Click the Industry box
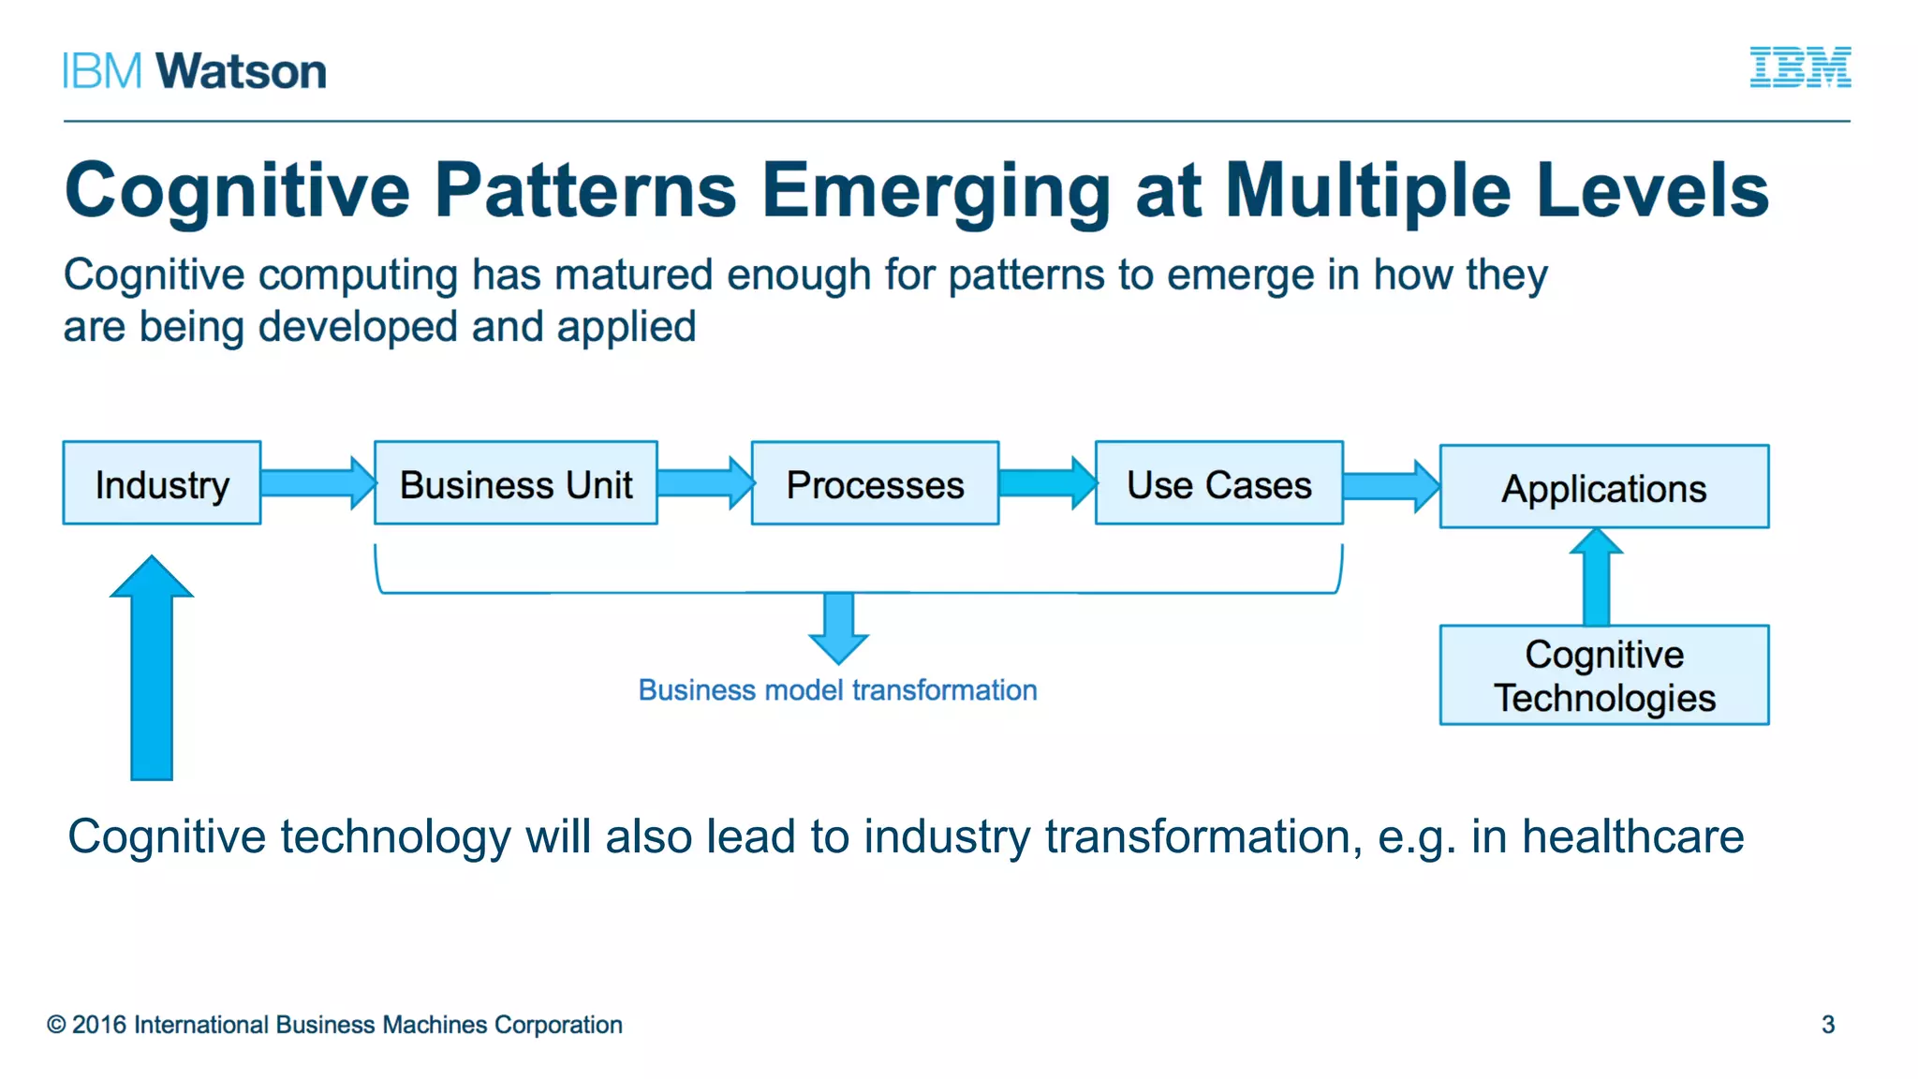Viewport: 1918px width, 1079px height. coord(162,483)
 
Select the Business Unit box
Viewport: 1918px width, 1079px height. coord(515,483)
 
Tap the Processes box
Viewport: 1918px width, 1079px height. coord(875,483)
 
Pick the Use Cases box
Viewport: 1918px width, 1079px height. coord(1218,483)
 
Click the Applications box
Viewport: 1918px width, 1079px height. coord(1603,487)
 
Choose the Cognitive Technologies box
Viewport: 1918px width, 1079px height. coord(1603,675)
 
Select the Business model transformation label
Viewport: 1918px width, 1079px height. coord(837,690)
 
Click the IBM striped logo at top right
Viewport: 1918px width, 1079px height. coord(1800,67)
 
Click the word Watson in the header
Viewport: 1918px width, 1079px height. coord(241,71)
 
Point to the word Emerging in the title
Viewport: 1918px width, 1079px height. coord(935,191)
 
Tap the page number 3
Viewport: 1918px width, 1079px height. coord(1827,1025)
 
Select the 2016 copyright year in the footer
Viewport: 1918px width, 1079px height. coord(98,1025)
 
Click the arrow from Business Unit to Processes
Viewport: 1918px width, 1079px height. coord(704,483)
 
